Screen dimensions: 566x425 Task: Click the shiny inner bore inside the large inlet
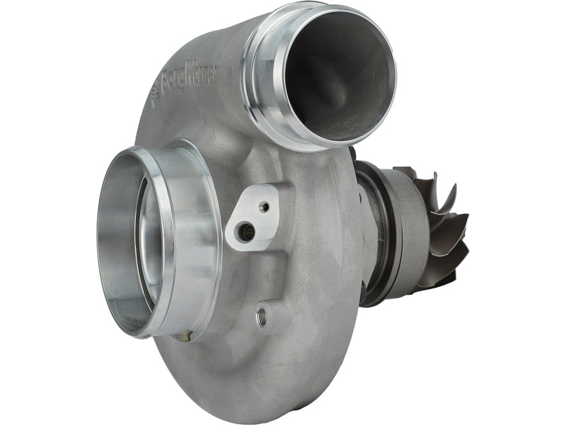click(147, 246)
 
